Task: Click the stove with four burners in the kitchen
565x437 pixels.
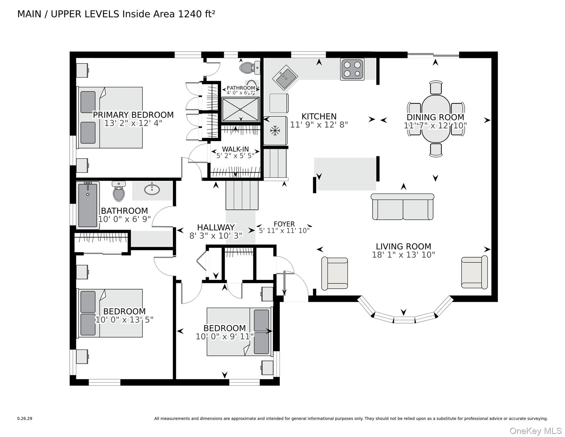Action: (352, 69)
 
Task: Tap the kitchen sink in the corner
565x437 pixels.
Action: (285, 77)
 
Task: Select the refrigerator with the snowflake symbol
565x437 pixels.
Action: (275, 131)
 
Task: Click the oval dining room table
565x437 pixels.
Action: (436, 119)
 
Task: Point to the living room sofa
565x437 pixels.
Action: (402, 207)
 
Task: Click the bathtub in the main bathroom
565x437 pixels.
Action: (88, 205)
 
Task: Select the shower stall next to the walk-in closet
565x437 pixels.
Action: (240, 110)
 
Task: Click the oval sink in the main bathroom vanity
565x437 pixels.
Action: (152, 189)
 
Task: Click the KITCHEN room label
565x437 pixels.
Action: (319, 116)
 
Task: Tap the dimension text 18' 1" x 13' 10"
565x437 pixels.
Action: (403, 255)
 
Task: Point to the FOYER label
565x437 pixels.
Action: (284, 224)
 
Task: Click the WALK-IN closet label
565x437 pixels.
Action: (235, 149)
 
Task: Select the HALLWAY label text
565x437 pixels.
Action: (216, 228)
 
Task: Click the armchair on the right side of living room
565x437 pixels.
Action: (474, 272)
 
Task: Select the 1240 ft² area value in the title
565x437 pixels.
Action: (196, 14)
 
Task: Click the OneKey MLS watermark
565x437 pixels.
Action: (535, 431)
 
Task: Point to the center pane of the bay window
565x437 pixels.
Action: (404, 320)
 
